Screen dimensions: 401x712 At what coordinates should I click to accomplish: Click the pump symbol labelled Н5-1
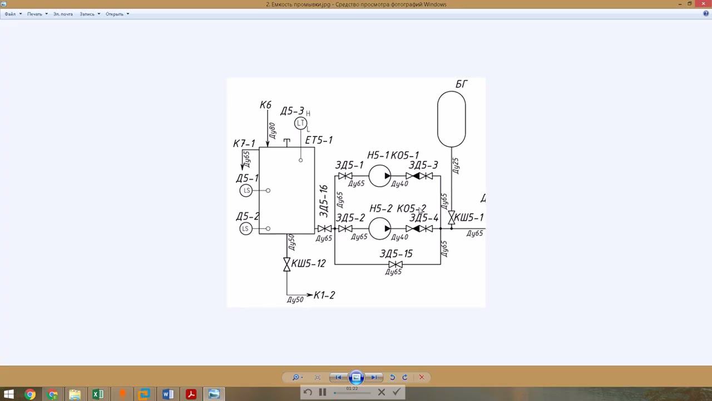(x=379, y=176)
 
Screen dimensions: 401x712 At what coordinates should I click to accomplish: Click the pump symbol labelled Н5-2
(x=379, y=228)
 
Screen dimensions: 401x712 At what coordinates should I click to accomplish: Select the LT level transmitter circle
(x=301, y=123)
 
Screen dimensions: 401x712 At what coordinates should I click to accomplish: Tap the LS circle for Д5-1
(x=246, y=190)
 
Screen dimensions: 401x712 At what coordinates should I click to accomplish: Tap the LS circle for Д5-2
(x=246, y=228)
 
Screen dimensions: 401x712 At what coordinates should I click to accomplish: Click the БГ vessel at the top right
(x=451, y=119)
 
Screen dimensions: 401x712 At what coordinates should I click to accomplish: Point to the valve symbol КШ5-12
(x=287, y=264)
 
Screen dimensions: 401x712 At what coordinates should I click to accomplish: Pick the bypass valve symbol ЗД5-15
(x=395, y=264)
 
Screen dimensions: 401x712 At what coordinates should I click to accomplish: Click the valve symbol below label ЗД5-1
(x=345, y=176)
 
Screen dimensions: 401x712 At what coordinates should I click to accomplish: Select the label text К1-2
(x=324, y=295)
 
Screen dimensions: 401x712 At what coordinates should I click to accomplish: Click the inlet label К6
(x=265, y=105)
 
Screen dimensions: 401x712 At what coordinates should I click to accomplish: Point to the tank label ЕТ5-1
(x=319, y=140)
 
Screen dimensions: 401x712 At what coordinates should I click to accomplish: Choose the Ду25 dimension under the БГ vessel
(x=456, y=165)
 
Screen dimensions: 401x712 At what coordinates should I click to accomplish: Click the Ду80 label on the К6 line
(x=273, y=130)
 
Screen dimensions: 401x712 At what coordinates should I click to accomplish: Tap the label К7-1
(x=244, y=144)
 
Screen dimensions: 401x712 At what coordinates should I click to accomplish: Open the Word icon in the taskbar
(x=167, y=394)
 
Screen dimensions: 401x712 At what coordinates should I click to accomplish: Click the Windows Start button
(x=9, y=394)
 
